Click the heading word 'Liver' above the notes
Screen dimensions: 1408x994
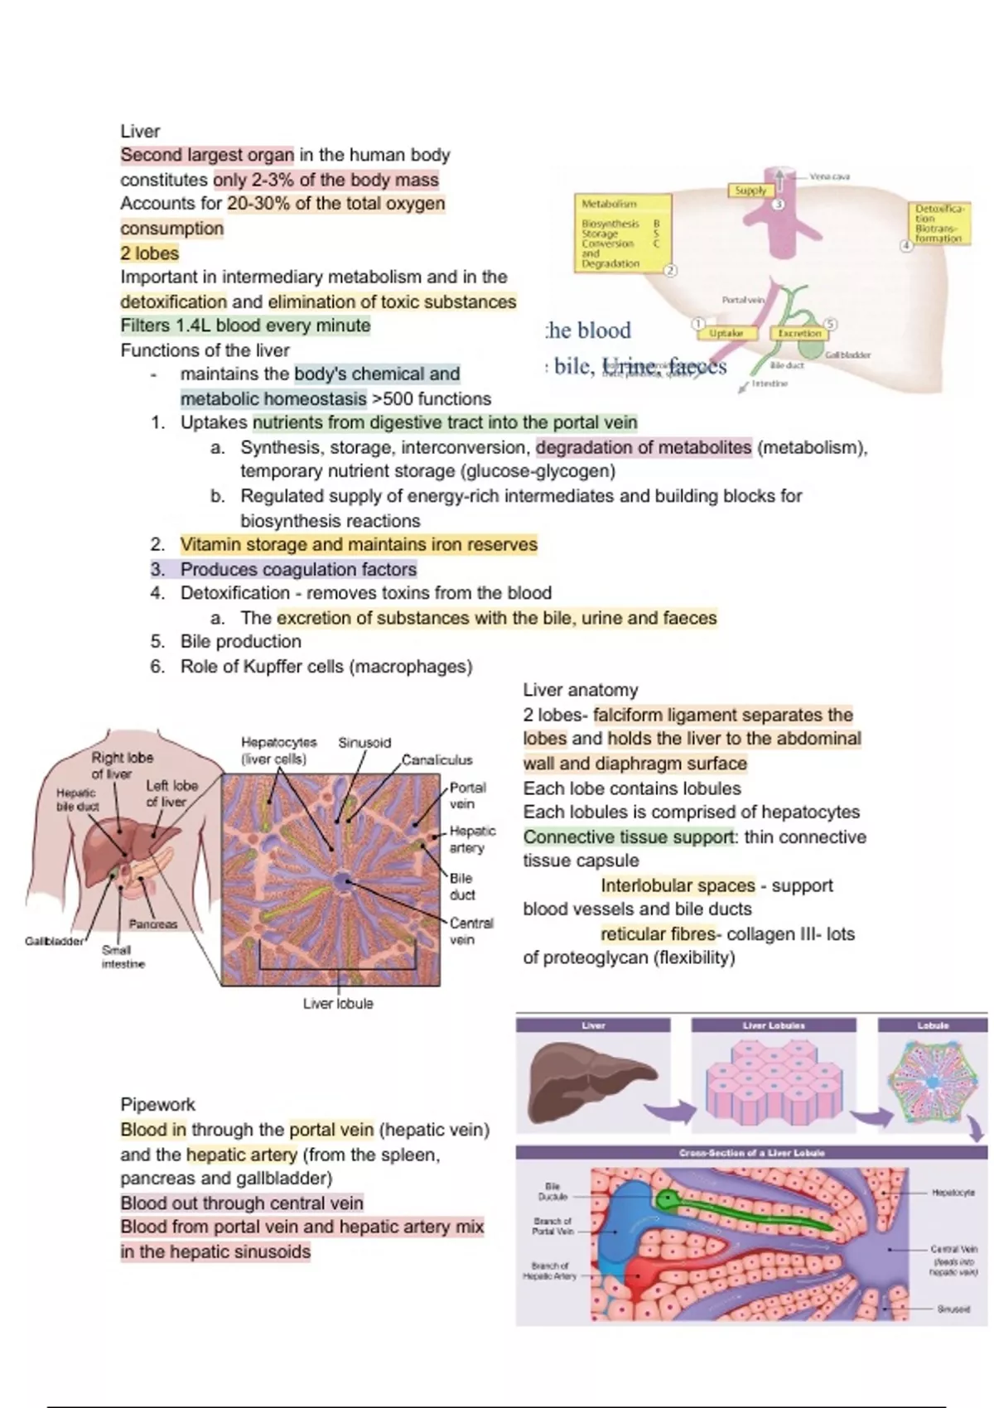(140, 131)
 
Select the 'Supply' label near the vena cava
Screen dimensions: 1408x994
(750, 190)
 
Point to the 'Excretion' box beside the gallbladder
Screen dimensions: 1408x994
(799, 333)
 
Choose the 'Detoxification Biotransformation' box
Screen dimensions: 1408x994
(939, 222)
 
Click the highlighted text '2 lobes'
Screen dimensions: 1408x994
(150, 253)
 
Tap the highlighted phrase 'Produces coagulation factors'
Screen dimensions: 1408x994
(298, 569)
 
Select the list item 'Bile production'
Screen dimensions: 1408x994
(240, 641)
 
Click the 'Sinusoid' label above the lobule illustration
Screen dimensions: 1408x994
(364, 742)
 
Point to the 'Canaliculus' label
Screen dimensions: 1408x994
(437, 759)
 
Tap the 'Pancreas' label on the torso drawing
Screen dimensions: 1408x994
(153, 923)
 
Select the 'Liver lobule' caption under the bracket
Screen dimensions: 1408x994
(338, 1003)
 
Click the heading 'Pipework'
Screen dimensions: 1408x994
(158, 1104)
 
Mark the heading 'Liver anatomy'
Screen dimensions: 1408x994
(580, 690)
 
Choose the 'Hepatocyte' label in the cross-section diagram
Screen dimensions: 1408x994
(953, 1193)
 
